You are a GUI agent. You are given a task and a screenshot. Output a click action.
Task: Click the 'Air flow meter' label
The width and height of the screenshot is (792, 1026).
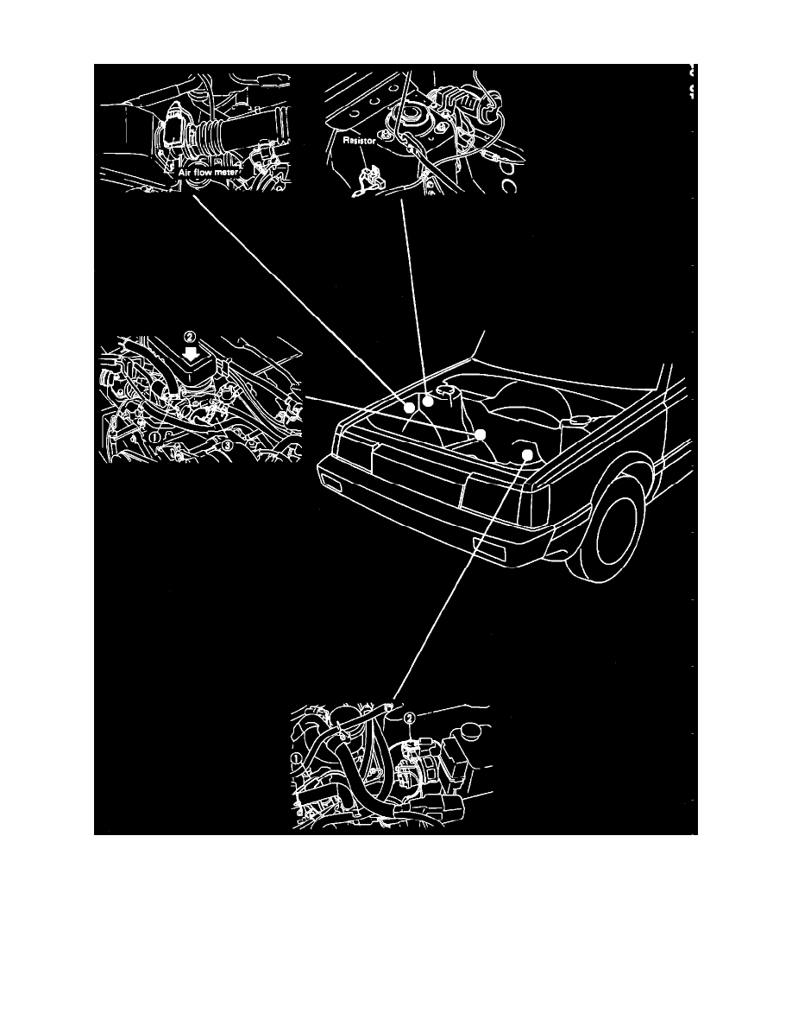click(x=212, y=173)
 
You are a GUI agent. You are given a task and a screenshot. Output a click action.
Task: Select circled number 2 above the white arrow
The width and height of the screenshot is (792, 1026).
click(x=190, y=335)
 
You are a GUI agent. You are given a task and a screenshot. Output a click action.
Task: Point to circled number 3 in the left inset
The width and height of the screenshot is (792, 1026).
click(x=228, y=446)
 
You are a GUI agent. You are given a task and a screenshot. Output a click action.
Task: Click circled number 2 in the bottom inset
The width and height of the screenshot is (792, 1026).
click(x=411, y=717)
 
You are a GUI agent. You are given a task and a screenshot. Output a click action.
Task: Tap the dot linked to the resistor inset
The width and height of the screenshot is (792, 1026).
click(x=427, y=402)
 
